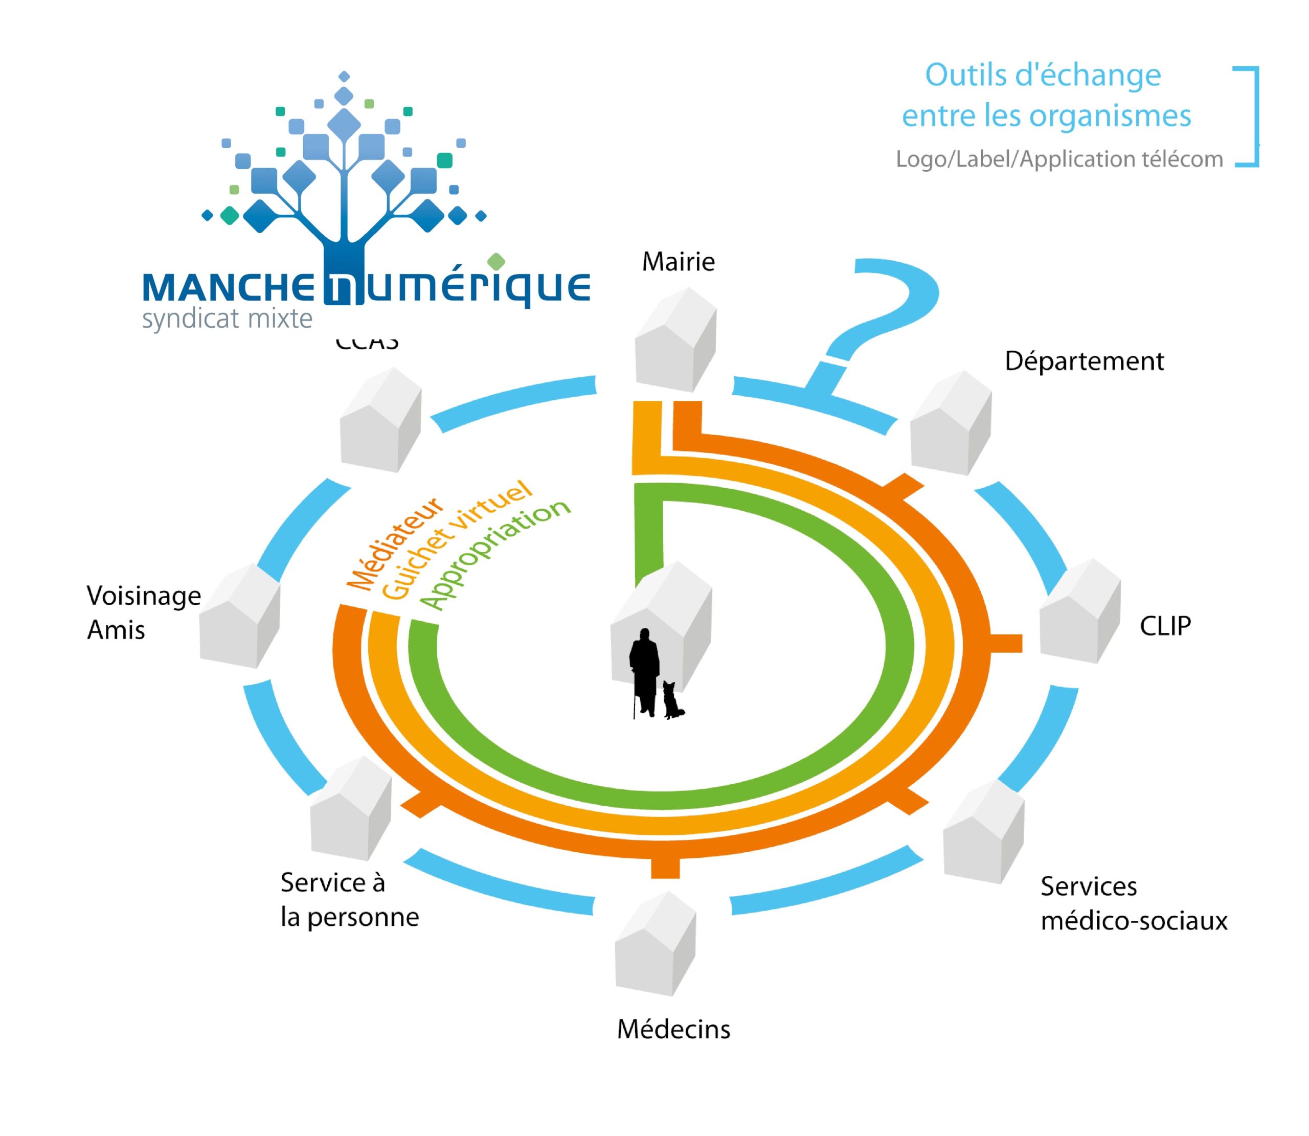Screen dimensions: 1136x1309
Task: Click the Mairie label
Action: [x=678, y=262]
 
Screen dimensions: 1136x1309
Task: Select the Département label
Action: [x=1084, y=361]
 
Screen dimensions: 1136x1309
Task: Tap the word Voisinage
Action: [x=144, y=596]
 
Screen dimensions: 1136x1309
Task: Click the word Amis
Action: [x=116, y=630]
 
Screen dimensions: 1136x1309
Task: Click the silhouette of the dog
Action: [x=672, y=700]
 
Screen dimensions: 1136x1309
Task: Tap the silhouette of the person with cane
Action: [x=645, y=672]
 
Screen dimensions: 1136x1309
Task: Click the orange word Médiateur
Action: [x=394, y=543]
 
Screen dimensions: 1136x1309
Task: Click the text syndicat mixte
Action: [x=227, y=319]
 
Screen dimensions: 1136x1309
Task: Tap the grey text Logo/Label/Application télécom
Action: [x=1058, y=159]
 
